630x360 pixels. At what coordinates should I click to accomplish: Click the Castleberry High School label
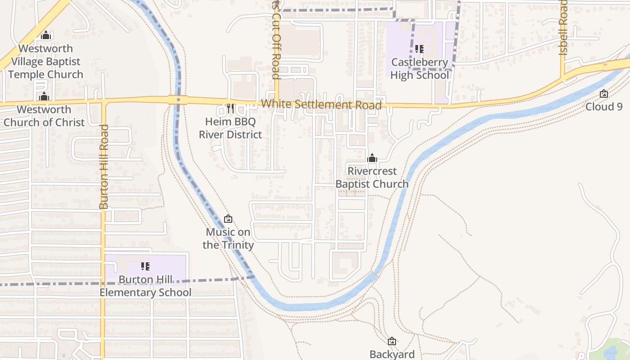pos(419,69)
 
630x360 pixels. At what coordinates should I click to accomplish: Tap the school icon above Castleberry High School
pos(419,49)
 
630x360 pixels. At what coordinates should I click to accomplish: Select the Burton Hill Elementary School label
pos(145,286)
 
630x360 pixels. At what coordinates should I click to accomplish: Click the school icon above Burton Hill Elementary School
pos(145,266)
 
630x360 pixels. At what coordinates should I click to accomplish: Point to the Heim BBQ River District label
pos(230,128)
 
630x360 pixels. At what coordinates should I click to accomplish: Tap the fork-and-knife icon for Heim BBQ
pos(230,108)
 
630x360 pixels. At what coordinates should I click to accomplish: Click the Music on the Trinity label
pos(228,238)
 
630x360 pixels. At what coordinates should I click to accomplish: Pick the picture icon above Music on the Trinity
pos(228,219)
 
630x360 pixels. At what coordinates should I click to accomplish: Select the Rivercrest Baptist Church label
pos(372,177)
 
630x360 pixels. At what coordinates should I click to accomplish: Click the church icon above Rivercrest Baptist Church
pos(372,158)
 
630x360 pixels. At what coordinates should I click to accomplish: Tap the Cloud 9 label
pos(604,107)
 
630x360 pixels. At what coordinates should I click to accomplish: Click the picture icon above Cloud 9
pos(604,94)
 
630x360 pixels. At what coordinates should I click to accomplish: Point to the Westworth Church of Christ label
pos(44,116)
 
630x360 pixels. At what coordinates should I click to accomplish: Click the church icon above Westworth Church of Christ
pos(44,96)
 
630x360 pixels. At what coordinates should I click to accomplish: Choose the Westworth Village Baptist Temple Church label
pos(45,62)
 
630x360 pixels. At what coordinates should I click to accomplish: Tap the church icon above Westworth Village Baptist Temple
pos(45,35)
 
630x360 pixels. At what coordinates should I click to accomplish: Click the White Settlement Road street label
pos(321,104)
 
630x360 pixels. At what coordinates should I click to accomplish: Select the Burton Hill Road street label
pos(104,166)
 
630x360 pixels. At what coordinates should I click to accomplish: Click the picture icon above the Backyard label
pos(392,342)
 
